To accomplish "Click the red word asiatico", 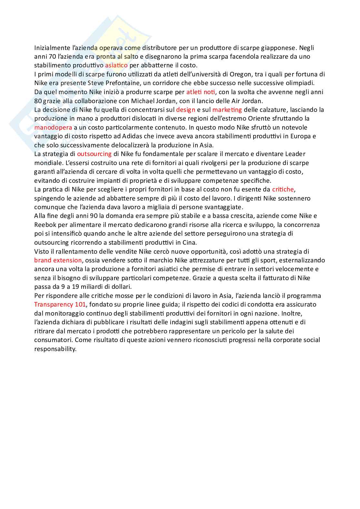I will click(116, 65).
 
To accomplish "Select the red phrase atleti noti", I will click(200, 92).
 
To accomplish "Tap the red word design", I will click(185, 110).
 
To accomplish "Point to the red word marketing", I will click(227, 110).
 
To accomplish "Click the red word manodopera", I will click(53, 127).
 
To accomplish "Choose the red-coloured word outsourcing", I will click(94, 154).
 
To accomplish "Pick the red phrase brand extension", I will click(58, 260).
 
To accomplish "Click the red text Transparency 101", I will click(60, 304).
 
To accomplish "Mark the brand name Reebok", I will click(44, 225).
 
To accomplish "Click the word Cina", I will click(190, 242).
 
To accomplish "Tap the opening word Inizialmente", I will click(52, 48).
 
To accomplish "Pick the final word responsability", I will click(55, 349).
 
